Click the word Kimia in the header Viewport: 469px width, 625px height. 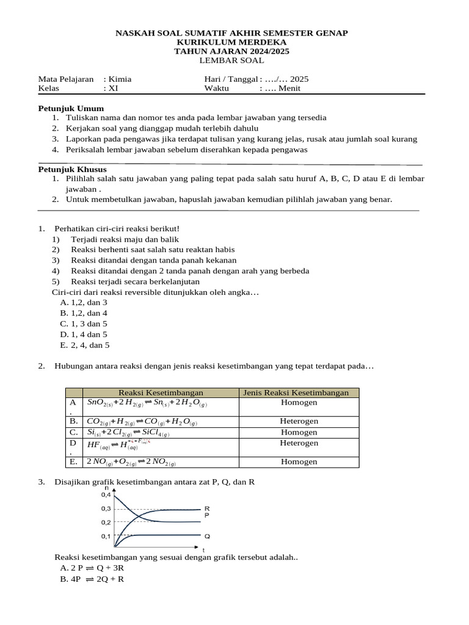pos(120,79)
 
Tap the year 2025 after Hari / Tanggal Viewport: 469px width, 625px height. pos(299,79)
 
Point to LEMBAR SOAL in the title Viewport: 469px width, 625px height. pos(231,60)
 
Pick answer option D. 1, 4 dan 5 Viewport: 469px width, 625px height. pos(84,334)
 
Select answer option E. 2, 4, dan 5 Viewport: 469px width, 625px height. pos(85,345)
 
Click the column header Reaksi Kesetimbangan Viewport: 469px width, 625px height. pos(161,392)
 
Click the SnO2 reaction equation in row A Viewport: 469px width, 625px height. pos(147,403)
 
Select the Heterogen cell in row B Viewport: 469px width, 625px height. pos(299,422)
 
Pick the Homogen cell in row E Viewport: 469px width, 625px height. pos(299,462)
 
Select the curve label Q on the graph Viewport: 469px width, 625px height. pos(207,536)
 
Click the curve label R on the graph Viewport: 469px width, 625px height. pos(207,508)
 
